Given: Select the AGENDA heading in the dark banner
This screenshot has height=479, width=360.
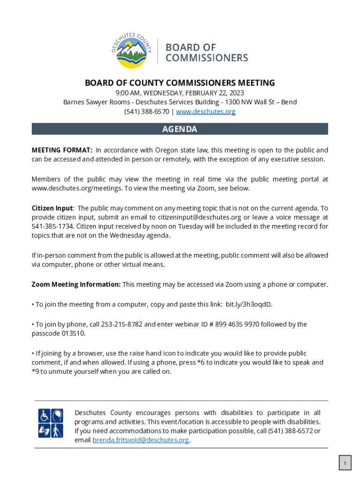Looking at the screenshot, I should (x=180, y=129).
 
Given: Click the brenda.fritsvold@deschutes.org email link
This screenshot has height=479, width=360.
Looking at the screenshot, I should (x=141, y=440).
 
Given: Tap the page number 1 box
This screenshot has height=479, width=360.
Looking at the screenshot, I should (x=345, y=464).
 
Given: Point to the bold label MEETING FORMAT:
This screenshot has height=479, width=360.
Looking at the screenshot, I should (x=62, y=150).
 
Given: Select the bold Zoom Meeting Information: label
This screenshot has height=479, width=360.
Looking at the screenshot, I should (x=76, y=284).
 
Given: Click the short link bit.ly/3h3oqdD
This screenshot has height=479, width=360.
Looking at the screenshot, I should (x=249, y=305).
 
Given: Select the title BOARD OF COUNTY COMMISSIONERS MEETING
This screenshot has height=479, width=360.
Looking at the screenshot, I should (x=180, y=83).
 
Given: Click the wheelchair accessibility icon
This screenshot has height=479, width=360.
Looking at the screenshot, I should (x=44, y=415).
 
